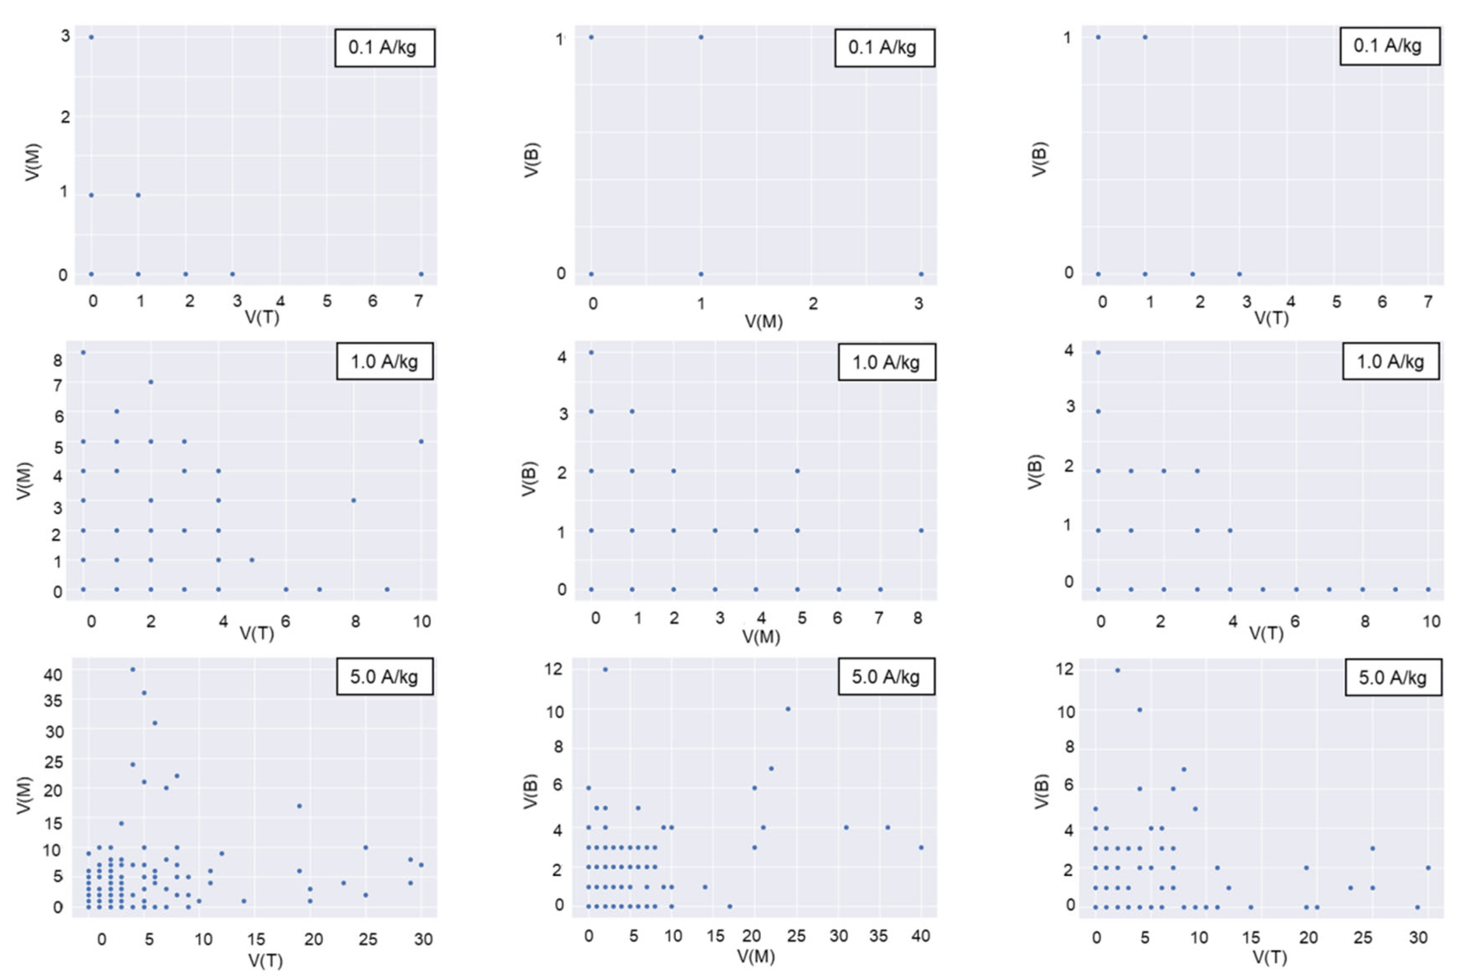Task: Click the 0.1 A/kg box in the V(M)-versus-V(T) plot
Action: [384, 47]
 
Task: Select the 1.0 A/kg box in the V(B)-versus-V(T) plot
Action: [1391, 361]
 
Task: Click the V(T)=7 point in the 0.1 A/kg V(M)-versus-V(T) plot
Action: [421, 274]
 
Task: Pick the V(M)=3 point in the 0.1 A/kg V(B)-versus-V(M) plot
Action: [921, 274]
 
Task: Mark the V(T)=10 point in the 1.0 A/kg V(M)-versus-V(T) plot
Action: [421, 442]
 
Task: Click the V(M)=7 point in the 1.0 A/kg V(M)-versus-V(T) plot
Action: [151, 382]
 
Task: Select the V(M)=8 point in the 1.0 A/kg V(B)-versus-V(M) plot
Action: [921, 531]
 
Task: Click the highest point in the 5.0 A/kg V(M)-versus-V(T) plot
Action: [133, 670]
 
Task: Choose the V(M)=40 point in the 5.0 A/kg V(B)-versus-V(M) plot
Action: [921, 847]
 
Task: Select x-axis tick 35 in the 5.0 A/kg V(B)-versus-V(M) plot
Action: [879, 936]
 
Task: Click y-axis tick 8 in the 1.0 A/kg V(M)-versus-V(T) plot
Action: [58, 360]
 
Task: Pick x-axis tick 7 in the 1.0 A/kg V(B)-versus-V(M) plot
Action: [879, 618]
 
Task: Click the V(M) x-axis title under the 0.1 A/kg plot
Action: [763, 322]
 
